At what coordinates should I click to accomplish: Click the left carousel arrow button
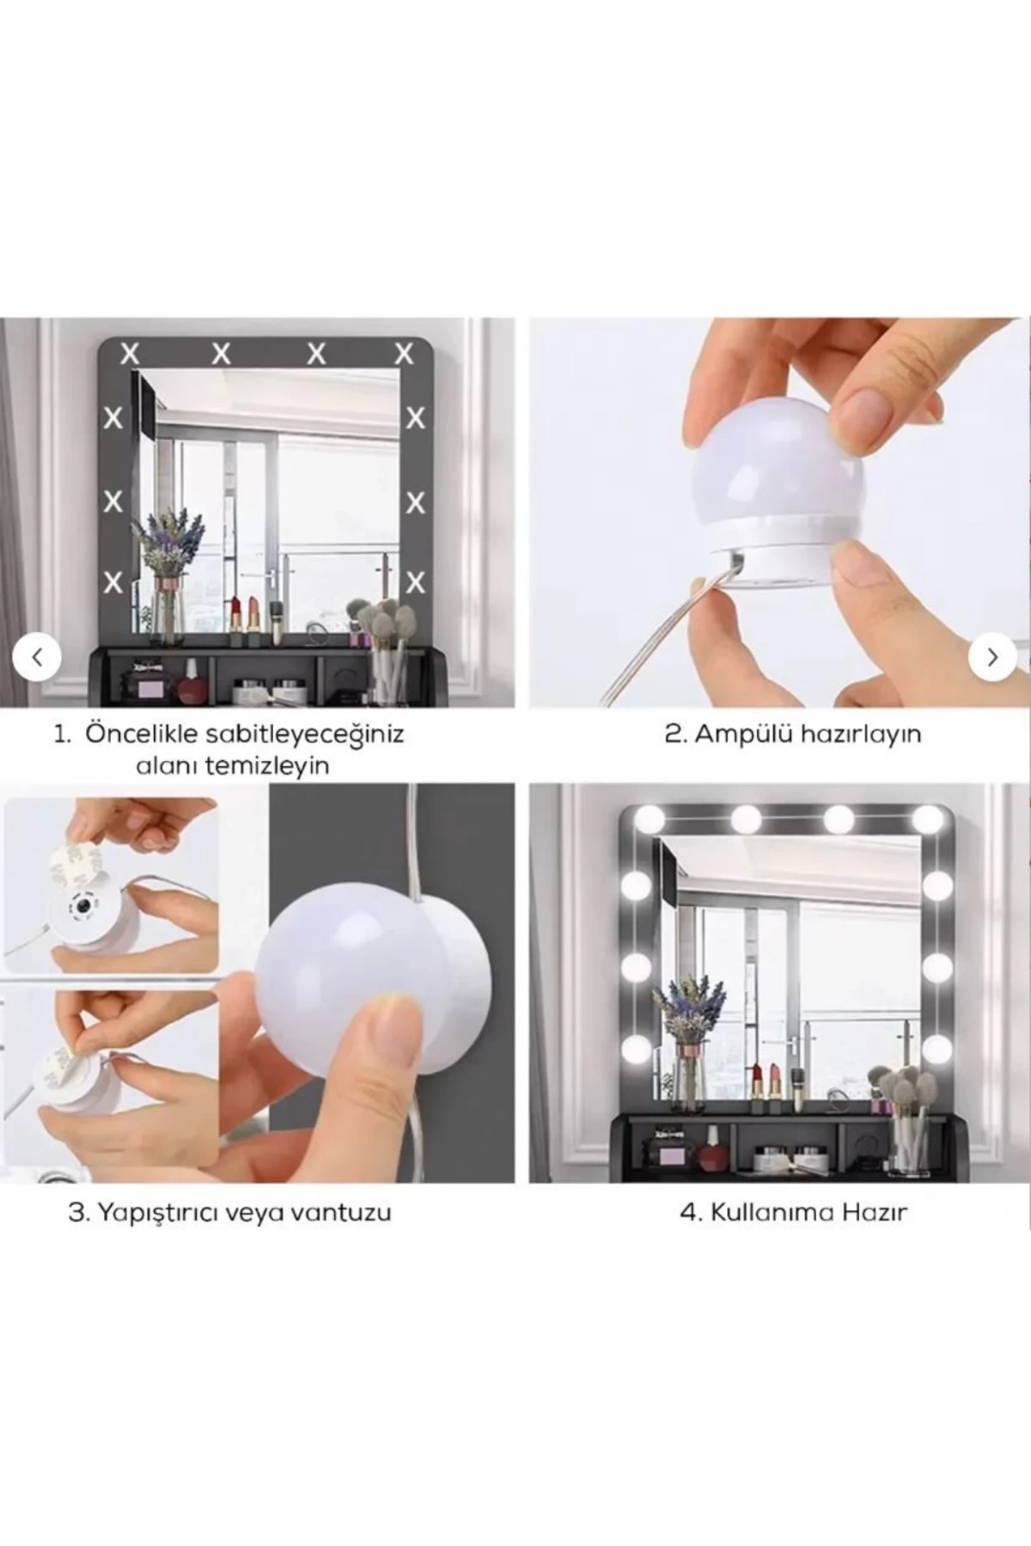pos(37,657)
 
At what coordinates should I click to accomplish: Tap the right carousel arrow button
pos(992,657)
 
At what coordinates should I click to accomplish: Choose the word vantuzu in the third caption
pos(343,1214)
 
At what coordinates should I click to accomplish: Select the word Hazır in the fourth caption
pos(875,1213)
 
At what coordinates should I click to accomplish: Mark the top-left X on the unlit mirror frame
pos(129,352)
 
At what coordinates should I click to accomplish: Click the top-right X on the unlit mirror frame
pos(404,352)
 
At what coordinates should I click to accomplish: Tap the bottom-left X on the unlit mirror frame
pos(113,582)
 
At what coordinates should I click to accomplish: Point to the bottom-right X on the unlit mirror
pos(416,583)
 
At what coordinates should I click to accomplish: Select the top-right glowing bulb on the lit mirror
pos(927,818)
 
